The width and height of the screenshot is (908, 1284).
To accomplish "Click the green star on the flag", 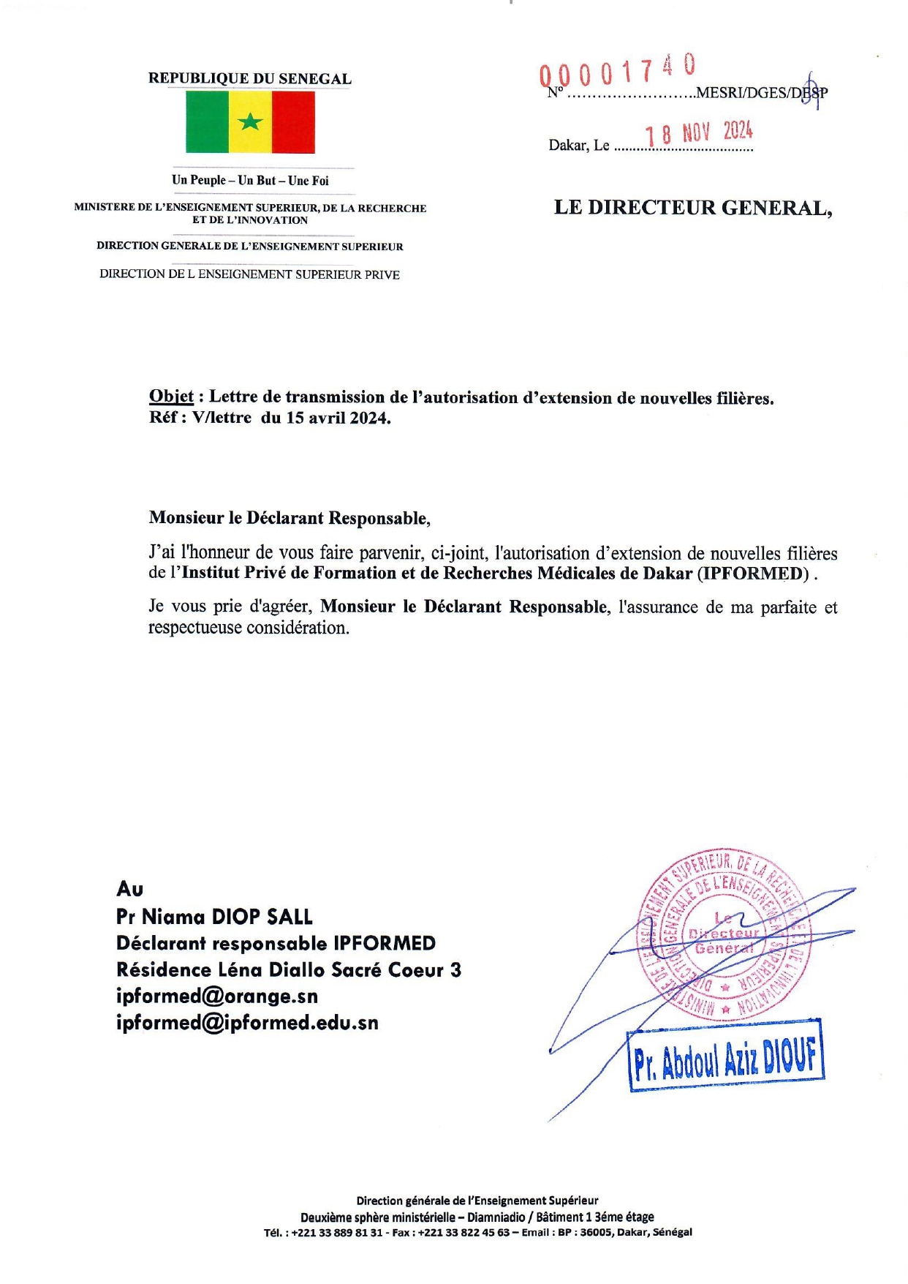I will (250, 121).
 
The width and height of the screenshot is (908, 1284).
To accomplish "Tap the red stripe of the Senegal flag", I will (293, 122).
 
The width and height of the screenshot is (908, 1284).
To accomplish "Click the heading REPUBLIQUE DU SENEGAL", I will (249, 78).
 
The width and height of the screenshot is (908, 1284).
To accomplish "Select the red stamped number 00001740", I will (618, 72).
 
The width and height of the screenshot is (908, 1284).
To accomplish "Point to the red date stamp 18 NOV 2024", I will (698, 133).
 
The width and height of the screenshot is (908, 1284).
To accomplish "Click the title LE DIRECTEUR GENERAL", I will (692, 208).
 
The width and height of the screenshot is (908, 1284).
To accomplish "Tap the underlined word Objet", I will (171, 397).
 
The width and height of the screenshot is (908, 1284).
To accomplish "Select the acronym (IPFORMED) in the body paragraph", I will (754, 573).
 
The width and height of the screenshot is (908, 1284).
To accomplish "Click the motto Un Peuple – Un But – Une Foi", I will (250, 180).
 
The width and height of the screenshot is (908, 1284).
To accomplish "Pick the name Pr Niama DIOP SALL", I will (214, 917).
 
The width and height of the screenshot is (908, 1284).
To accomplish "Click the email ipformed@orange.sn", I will (217, 996).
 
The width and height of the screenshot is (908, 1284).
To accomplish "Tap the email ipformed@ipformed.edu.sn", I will (247, 1022).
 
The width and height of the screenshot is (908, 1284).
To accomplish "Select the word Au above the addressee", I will (129, 889).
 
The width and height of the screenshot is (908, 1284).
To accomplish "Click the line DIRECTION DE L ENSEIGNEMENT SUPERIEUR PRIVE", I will (249, 274).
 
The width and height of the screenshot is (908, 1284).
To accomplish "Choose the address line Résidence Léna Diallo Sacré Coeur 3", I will (288, 969).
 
